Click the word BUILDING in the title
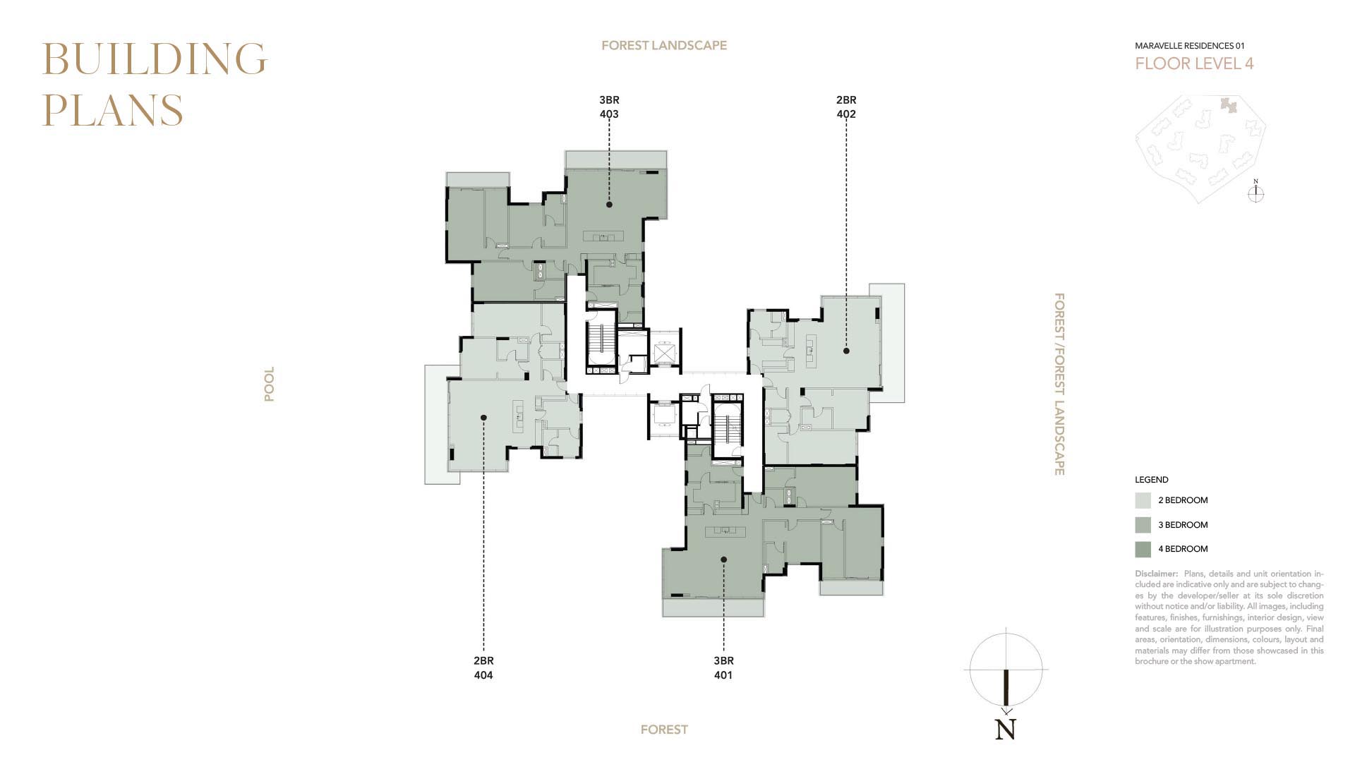coord(155,59)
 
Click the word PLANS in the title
coord(113,110)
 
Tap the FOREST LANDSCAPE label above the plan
coord(664,45)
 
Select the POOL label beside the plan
coord(269,384)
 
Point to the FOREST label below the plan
coord(664,730)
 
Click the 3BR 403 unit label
coord(609,107)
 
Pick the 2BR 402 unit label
coord(846,107)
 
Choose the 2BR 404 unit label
coord(483,668)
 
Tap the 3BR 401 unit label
coord(723,668)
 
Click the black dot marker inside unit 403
coord(609,205)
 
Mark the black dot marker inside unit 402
coord(846,351)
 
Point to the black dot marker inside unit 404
coord(483,418)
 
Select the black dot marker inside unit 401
coord(723,560)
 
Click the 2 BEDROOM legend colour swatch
coord(1143,501)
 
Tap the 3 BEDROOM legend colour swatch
coord(1143,525)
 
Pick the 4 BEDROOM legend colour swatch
coord(1143,549)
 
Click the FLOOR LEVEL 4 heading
coord(1194,64)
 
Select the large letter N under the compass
coord(1006,730)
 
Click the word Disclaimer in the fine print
coord(1156,574)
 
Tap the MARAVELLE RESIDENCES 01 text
coord(1190,46)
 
